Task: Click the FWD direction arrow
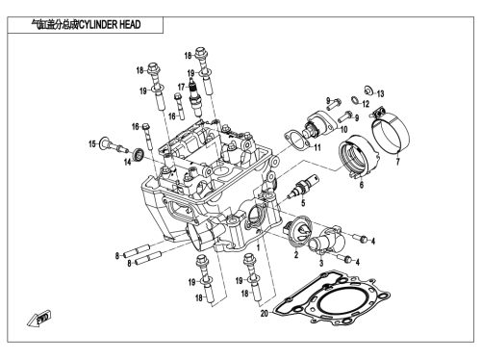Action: [38, 319]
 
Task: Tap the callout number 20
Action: [265, 313]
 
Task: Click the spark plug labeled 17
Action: [195, 97]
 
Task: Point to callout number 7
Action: [397, 162]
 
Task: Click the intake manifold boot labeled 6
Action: [359, 156]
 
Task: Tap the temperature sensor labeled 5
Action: [303, 187]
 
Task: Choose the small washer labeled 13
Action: [368, 90]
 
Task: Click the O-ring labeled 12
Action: [356, 100]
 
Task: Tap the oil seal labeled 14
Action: [139, 154]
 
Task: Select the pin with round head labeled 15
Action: [114, 144]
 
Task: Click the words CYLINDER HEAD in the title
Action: [110, 25]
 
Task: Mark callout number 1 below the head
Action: [258, 247]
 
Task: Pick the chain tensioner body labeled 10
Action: [320, 123]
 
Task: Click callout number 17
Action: [182, 87]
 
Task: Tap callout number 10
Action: [343, 130]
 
